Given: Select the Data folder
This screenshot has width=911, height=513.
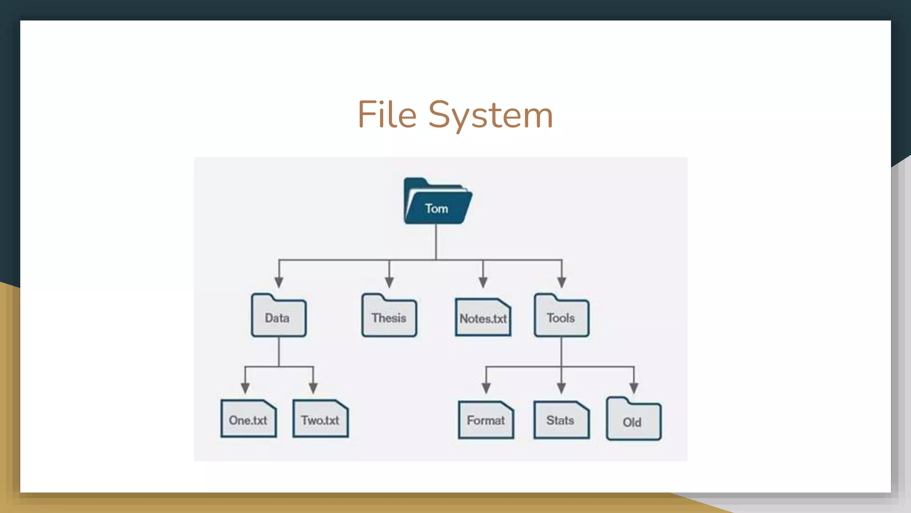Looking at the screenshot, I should coord(278,317).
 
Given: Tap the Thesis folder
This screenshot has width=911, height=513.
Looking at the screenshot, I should coord(389,317).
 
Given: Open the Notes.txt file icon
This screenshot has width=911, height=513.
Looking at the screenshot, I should coord(483,318).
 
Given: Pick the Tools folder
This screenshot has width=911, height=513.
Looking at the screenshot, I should coord(561,317).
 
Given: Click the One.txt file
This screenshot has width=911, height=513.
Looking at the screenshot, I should coord(248,419).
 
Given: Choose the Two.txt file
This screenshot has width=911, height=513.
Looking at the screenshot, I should coord(320,419).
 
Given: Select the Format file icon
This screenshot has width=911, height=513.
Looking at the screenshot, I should coord(486,420).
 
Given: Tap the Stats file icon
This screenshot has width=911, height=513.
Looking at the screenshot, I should coord(561,420).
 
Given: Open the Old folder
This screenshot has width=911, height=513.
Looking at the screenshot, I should coord(633,420).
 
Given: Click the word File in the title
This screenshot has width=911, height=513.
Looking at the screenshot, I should coord(387,114).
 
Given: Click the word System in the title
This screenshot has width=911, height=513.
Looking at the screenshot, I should coord(490,115).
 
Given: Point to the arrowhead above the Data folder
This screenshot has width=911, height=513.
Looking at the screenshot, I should coord(279,282).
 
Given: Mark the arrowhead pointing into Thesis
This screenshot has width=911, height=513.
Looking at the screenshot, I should coord(389,282).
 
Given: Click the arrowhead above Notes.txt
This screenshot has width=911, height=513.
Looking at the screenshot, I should coord(483,282).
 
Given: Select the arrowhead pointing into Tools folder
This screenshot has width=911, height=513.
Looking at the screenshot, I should coord(562,282).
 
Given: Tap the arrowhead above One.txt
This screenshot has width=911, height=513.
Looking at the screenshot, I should coord(245,387).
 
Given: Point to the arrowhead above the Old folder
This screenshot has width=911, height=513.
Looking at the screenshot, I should coord(634,387).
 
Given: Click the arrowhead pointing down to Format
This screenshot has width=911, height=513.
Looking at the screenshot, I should coord(486,387).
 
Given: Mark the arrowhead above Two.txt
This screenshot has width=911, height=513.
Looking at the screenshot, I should coord(313,387).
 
